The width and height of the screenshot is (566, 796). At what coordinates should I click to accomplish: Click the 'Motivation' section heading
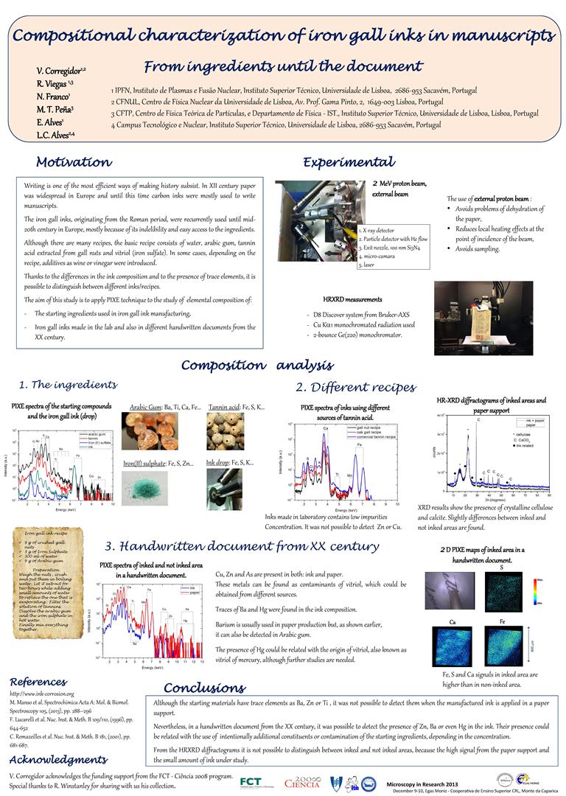click(74, 162)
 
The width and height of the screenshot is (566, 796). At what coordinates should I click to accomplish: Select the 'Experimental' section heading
click(349, 162)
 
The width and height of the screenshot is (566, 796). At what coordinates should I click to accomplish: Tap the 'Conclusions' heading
click(204, 688)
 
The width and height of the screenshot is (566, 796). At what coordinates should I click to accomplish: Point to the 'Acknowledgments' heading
click(59, 759)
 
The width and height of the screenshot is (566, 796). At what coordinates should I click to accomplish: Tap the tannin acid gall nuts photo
click(225, 431)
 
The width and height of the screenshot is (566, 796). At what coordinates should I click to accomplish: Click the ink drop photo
click(225, 487)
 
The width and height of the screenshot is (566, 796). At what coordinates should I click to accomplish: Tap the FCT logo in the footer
click(251, 782)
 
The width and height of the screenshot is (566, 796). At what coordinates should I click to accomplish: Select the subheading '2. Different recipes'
click(355, 388)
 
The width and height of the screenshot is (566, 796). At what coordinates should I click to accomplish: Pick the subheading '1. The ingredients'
click(68, 385)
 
